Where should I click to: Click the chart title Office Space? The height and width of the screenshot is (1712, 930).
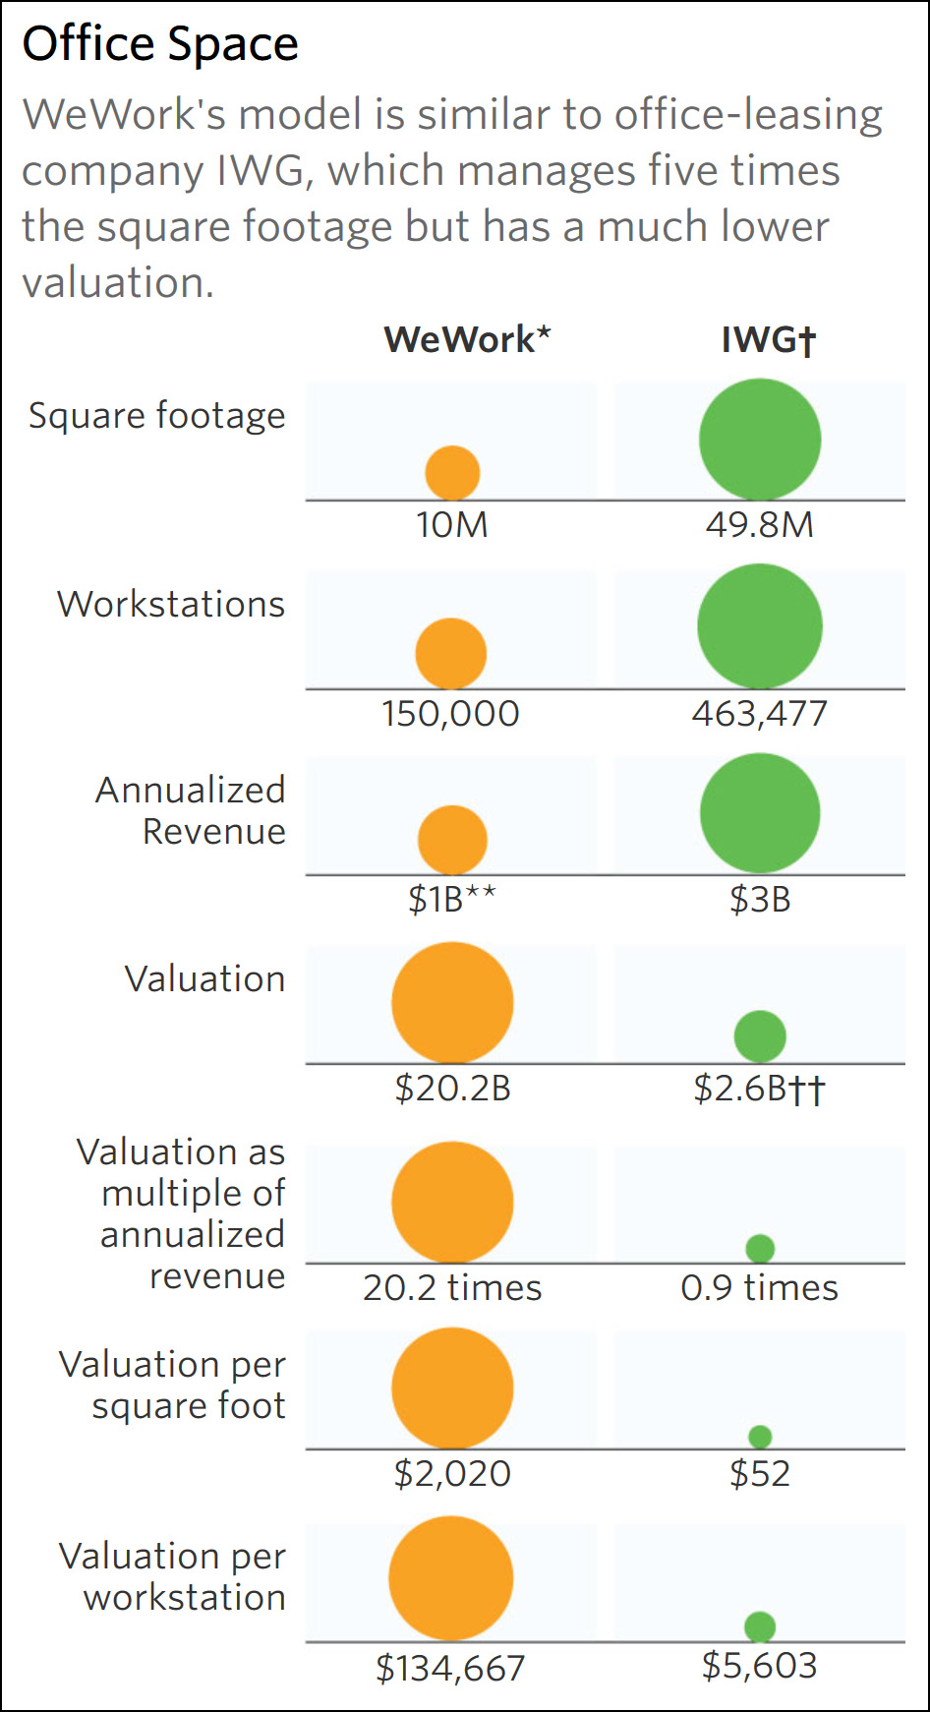coord(160,44)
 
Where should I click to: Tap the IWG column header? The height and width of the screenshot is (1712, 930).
coord(768,339)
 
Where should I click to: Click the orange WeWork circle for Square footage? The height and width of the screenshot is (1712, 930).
coord(452,473)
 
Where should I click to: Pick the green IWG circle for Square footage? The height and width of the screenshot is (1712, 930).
coord(760,440)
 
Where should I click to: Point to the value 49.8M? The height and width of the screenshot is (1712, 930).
coord(760,525)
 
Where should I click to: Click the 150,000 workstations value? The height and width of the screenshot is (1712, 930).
coord(450,714)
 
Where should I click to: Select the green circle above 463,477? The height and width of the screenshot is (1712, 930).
coord(760,625)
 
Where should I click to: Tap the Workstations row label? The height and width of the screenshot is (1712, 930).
coord(171,604)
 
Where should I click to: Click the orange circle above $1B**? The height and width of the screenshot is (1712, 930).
coord(452,840)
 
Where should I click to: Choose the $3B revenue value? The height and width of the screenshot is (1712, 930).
coord(760,900)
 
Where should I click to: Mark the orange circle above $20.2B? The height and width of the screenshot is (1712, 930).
coord(452,1003)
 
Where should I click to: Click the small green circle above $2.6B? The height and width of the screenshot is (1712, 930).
coord(760,1035)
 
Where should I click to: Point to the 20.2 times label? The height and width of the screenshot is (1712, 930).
coord(452,1288)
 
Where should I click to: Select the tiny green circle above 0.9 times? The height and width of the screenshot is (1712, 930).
coord(760,1249)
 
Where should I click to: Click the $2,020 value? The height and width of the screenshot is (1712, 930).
coord(452,1474)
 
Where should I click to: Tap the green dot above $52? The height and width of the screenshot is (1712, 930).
coord(760,1437)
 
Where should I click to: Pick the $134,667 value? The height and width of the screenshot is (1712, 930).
coord(450,1668)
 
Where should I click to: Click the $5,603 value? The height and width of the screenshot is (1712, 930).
coord(760,1666)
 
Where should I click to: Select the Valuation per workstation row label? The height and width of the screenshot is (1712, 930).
coord(173,1576)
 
